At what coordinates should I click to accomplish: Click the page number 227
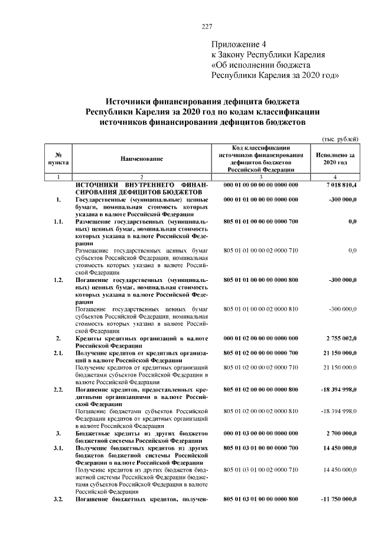coord(206,27)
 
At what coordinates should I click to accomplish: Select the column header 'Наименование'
coord(142,158)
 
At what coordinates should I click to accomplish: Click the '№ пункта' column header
coord(58,158)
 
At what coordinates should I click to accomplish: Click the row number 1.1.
coord(58,222)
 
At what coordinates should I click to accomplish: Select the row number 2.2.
coord(58,390)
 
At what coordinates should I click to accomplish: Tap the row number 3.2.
coord(58,500)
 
